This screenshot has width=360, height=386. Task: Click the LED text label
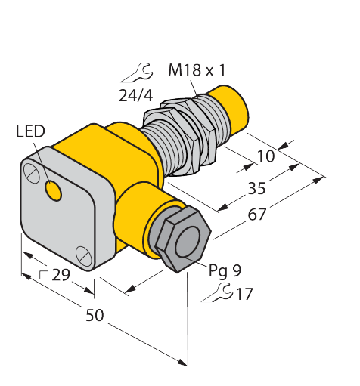point(30,133)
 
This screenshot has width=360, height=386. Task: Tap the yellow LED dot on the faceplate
point(54,192)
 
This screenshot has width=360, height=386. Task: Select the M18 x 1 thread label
point(197,71)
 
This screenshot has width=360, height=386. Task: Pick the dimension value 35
point(256,188)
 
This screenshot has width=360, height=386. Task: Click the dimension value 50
point(94,315)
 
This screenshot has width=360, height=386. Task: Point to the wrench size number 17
point(244,294)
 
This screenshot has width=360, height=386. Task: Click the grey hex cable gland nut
point(182,238)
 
